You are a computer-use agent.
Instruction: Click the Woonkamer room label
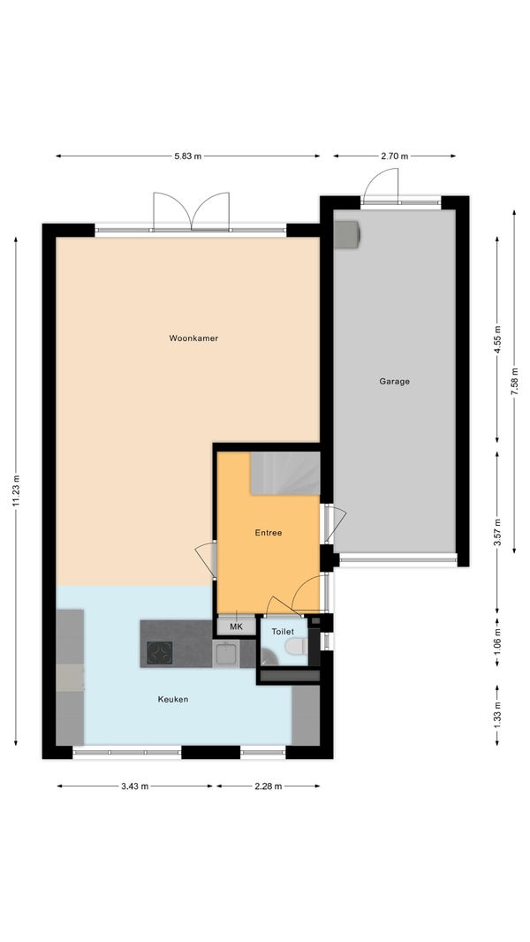[193, 338]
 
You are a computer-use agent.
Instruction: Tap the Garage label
[394, 381]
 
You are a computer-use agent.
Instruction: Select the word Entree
[269, 532]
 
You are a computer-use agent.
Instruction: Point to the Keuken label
[173, 699]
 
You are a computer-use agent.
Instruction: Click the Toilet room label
[283, 632]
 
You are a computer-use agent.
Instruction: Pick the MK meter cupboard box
[236, 627]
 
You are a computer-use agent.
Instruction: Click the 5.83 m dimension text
[188, 156]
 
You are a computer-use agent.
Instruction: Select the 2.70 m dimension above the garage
[394, 156]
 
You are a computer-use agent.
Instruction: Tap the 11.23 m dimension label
[16, 490]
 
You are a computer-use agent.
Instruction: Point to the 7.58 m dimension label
[514, 381]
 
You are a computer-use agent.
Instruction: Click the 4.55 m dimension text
[497, 339]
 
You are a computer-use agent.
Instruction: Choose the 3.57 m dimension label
[497, 532]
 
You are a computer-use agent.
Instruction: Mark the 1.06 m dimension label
[497, 642]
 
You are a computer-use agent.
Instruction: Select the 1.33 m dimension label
[497, 715]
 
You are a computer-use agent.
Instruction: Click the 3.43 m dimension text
[134, 786]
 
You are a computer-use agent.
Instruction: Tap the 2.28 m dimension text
[268, 786]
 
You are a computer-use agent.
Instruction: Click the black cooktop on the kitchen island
[160, 652]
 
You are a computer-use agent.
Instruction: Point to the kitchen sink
[226, 653]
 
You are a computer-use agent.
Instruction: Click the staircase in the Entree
[285, 474]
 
